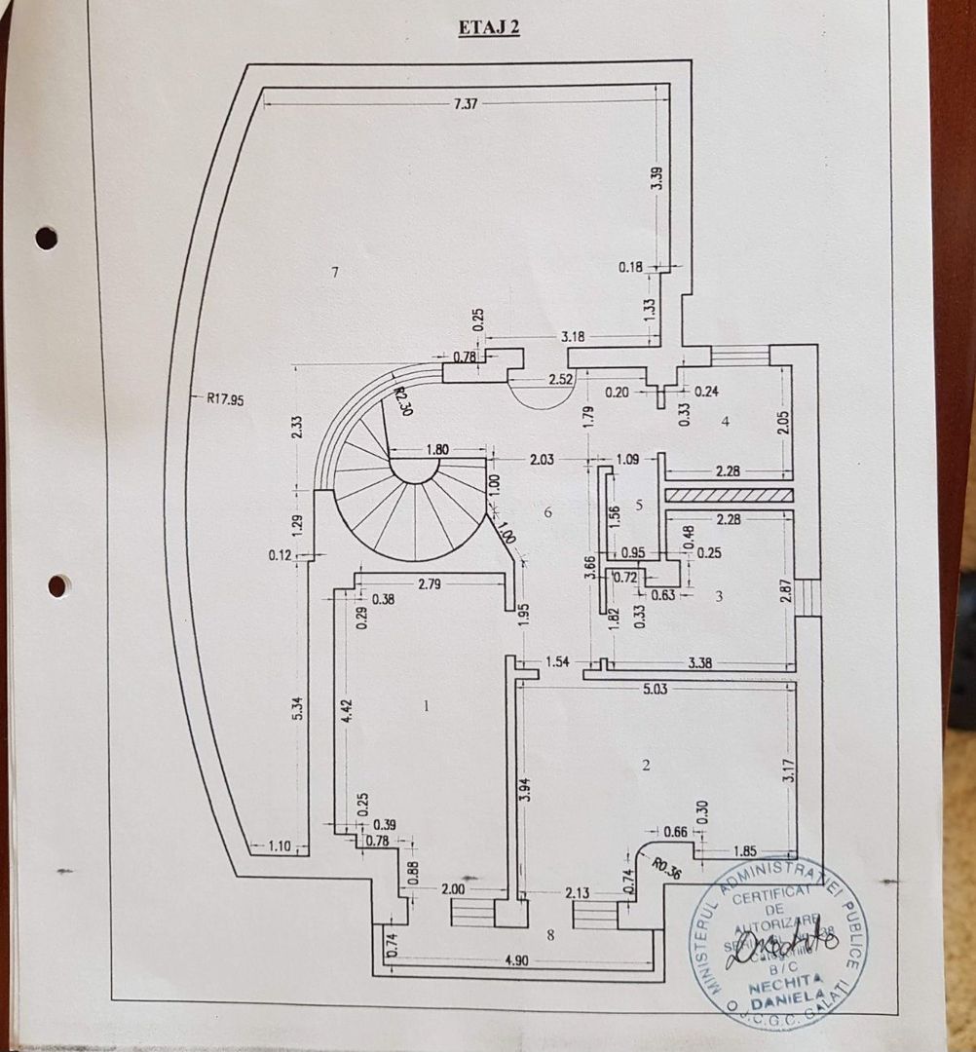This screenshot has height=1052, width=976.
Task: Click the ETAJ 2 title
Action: (x=489, y=27)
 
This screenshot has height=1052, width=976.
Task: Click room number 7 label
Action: (x=334, y=273)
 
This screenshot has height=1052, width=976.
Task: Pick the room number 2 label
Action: (x=645, y=765)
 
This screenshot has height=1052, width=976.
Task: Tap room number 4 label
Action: (x=725, y=422)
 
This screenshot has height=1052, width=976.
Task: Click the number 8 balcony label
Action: (x=550, y=935)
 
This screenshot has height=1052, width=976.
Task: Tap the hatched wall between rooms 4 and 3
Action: (x=729, y=495)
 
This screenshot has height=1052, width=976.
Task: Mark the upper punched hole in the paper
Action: (x=46, y=238)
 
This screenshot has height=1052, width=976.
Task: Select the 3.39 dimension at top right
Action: (x=657, y=178)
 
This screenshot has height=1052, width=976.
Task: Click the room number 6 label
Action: (x=548, y=512)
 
